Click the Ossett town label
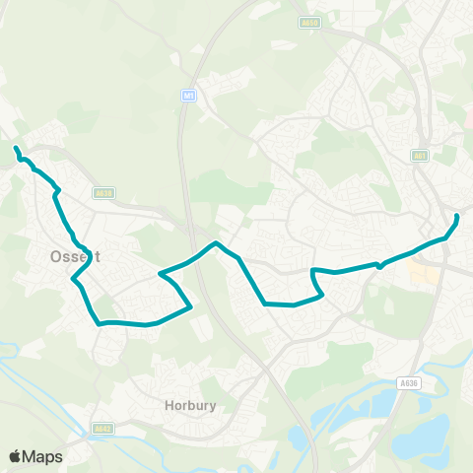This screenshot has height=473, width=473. click(x=70, y=256)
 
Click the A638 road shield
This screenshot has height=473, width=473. click(x=103, y=193)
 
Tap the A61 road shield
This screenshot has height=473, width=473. click(x=422, y=155)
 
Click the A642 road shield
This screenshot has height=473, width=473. click(x=101, y=429)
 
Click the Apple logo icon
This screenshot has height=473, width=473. click(x=17, y=456)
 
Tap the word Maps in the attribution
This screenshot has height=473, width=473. click(x=44, y=456)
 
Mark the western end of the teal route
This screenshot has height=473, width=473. click(x=15, y=149)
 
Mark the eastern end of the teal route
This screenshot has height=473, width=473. click(x=457, y=216)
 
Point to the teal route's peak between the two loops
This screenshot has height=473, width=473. click(x=217, y=242)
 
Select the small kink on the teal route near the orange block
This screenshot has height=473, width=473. click(x=378, y=264)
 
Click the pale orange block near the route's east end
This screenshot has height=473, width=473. click(x=423, y=273)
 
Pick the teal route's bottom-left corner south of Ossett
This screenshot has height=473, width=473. click(x=99, y=322)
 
